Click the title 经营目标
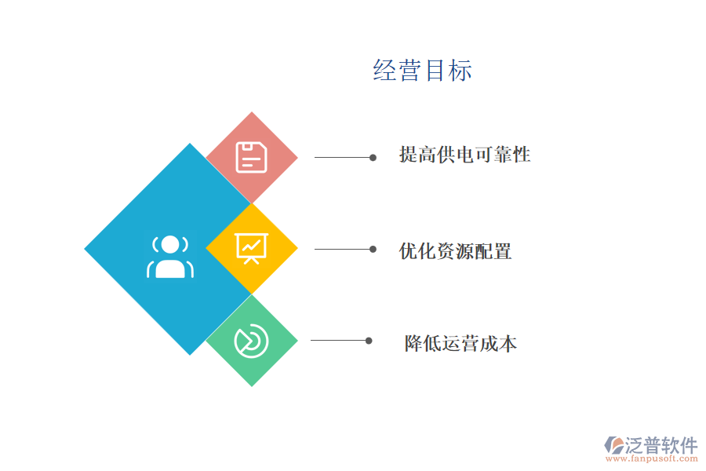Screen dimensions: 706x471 tap(422, 71)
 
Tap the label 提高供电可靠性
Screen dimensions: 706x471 tap(464, 155)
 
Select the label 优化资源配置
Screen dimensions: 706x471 tap(455, 251)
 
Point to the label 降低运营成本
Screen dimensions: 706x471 tap(460, 344)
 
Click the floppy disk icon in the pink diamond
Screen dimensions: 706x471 tap(252, 157)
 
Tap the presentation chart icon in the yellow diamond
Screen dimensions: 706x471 tap(251, 248)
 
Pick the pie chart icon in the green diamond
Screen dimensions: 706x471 tap(251, 341)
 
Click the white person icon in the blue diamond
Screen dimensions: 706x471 tap(170, 257)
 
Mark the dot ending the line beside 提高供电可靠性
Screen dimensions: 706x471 tap(373, 157)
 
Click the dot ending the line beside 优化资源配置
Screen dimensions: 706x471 tap(373, 250)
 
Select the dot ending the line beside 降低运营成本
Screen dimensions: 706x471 tap(369, 341)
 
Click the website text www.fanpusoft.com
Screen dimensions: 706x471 tap(652, 458)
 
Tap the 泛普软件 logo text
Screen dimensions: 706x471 tap(661, 445)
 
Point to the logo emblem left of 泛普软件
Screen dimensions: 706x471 tap(614, 445)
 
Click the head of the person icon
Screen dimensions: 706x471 tap(170, 245)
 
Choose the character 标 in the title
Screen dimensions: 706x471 tap(460, 71)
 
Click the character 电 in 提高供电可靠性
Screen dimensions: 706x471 tap(465, 155)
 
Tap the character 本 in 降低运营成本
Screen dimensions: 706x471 tap(508, 344)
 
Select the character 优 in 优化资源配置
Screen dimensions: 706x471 tap(409, 251)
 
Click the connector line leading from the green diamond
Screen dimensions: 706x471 tap(340, 341)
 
